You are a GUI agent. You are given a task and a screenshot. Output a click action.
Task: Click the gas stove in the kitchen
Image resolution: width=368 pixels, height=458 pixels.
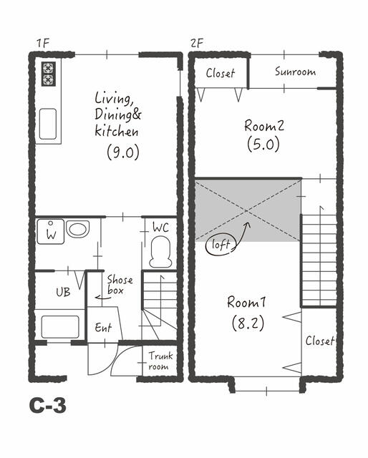(x=48, y=74)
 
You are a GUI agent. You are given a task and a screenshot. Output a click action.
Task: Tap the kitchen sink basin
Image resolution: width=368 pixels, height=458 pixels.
(x=48, y=124)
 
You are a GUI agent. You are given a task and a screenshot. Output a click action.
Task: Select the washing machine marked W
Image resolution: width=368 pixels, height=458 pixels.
(x=51, y=232)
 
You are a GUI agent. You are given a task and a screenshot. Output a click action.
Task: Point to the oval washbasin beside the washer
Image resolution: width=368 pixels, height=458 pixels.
(x=77, y=229)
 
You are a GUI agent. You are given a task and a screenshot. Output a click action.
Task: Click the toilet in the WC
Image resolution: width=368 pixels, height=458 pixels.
(x=160, y=252)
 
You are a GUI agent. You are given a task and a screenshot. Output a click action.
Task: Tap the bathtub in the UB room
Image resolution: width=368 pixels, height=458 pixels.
(x=60, y=327)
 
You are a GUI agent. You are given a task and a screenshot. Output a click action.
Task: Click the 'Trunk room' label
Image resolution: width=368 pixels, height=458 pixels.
(x=160, y=361)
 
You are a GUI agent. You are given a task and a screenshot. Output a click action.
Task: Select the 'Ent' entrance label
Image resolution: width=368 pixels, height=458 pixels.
(x=103, y=328)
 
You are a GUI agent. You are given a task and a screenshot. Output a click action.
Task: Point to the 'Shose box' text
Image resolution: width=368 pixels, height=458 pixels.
(x=120, y=285)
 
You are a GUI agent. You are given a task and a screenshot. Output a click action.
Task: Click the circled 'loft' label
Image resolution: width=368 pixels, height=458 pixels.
(x=221, y=245)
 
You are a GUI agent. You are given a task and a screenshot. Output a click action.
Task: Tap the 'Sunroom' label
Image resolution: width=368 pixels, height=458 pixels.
(x=295, y=72)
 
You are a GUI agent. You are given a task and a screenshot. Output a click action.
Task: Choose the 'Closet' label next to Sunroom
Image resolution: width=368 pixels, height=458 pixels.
(x=220, y=73)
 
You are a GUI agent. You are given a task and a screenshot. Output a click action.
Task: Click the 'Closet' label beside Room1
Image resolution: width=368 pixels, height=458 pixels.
(x=320, y=341)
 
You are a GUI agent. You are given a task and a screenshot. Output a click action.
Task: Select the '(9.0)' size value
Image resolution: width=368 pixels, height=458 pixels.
(x=123, y=152)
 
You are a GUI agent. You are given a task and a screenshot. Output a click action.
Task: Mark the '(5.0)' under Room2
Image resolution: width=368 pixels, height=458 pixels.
(x=263, y=145)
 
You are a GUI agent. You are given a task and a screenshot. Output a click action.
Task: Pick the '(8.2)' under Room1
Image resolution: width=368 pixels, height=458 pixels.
(x=248, y=323)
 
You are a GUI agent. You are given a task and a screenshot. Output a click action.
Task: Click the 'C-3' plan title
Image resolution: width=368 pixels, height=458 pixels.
(x=48, y=406)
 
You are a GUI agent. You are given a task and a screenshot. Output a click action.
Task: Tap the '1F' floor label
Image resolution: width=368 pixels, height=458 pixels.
(x=43, y=44)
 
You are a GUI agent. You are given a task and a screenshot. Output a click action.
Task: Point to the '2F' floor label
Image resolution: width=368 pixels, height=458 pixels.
(x=196, y=43)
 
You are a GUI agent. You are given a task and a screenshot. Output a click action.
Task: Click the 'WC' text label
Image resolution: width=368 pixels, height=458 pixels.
(x=160, y=228)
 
